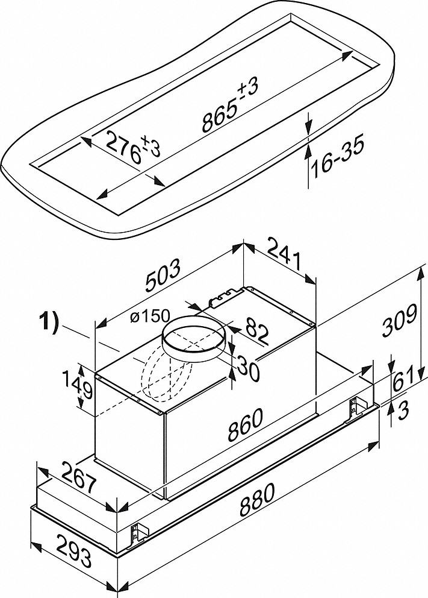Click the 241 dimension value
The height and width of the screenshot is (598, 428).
click(282, 256)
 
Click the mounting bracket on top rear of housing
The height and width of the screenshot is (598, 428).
click(220, 297)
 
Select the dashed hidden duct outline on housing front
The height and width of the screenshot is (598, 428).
click(158, 386)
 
